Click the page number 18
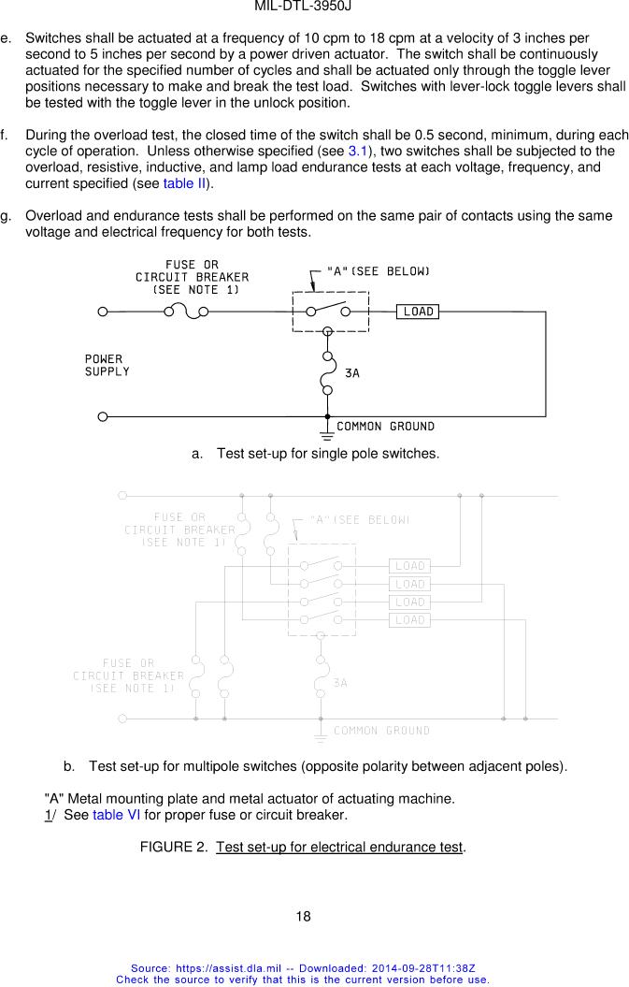[303, 916]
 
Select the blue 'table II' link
[184, 183]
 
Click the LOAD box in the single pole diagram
[418, 312]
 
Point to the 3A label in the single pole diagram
[352, 373]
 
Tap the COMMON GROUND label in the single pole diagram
[385, 427]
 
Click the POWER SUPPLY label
[107, 365]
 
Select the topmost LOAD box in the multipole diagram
[409, 566]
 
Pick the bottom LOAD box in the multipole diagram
[409, 620]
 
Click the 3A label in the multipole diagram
[341, 683]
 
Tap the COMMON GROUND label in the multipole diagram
[381, 731]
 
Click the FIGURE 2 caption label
[303, 848]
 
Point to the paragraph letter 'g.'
[7, 216]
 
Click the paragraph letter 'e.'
[7, 39]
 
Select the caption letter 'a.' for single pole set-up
[197, 454]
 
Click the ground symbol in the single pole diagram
[327, 433]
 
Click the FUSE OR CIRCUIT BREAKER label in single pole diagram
[193, 277]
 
